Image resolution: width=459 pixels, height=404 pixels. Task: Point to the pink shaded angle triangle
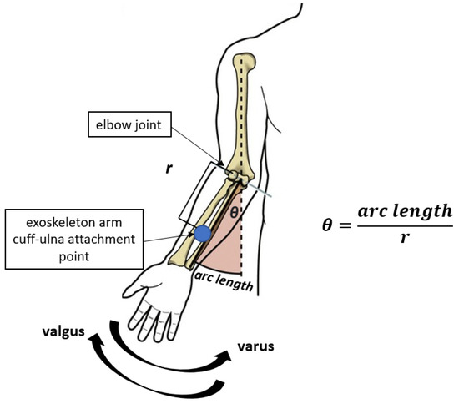pyautogui.click(x=227, y=242)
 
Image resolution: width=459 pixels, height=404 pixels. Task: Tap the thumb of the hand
pyautogui.click(x=134, y=291)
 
